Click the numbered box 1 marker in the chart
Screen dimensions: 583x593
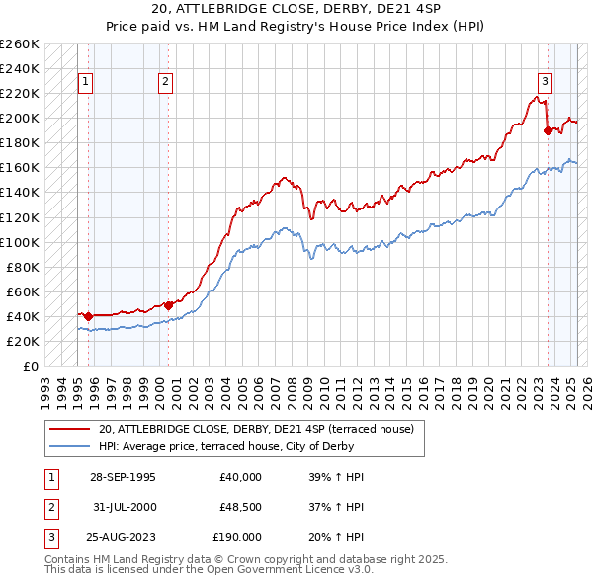[x=87, y=82]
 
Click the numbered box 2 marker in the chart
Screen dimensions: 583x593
[x=166, y=82]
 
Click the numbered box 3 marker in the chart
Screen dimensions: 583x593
[x=545, y=82]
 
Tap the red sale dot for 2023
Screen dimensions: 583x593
[x=548, y=129]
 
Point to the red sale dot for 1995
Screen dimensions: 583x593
[x=88, y=316]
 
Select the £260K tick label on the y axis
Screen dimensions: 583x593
[x=20, y=44]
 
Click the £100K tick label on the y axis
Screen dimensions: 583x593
[x=20, y=242]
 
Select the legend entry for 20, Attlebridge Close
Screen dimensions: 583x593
[x=262, y=429]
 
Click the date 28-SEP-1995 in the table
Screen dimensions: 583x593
[x=123, y=477]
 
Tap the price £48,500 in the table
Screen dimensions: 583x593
[x=240, y=507]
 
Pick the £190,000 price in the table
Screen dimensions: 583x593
[x=237, y=537]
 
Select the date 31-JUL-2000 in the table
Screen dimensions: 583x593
[x=123, y=507]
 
